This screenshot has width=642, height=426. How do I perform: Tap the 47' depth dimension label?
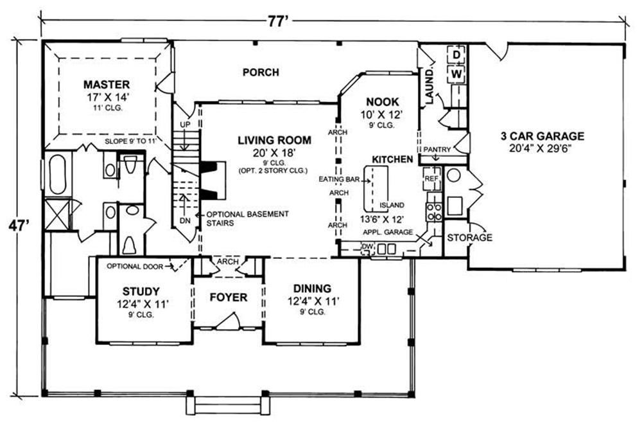pyautogui.click(x=19, y=226)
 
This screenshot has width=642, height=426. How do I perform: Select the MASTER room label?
pyautogui.click(x=107, y=85)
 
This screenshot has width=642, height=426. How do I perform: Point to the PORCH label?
pyautogui.click(x=261, y=73)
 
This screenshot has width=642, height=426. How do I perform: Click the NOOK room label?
pyautogui.click(x=383, y=102)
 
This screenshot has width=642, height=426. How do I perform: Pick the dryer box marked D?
pyautogui.click(x=457, y=54)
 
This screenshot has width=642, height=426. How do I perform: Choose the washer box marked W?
pyautogui.click(x=457, y=74)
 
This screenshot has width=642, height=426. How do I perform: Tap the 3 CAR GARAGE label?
pyautogui.click(x=542, y=136)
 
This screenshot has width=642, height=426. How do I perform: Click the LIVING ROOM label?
pyautogui.click(x=274, y=140)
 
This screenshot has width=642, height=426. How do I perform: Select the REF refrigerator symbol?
pyautogui.click(x=431, y=179)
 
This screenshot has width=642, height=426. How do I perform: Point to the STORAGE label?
pyautogui.click(x=470, y=238)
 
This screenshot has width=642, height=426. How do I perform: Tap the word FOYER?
pyautogui.click(x=229, y=297)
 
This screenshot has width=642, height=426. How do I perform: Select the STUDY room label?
pyautogui.click(x=141, y=292)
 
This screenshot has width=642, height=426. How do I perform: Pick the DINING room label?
pyautogui.click(x=312, y=288)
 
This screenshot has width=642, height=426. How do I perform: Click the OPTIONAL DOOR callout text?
pyautogui.click(x=135, y=266)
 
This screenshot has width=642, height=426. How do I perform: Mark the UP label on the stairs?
pyautogui.click(x=185, y=124)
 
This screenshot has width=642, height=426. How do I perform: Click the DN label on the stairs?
pyautogui.click(x=185, y=221)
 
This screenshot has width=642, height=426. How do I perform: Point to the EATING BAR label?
pyautogui.click(x=339, y=179)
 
